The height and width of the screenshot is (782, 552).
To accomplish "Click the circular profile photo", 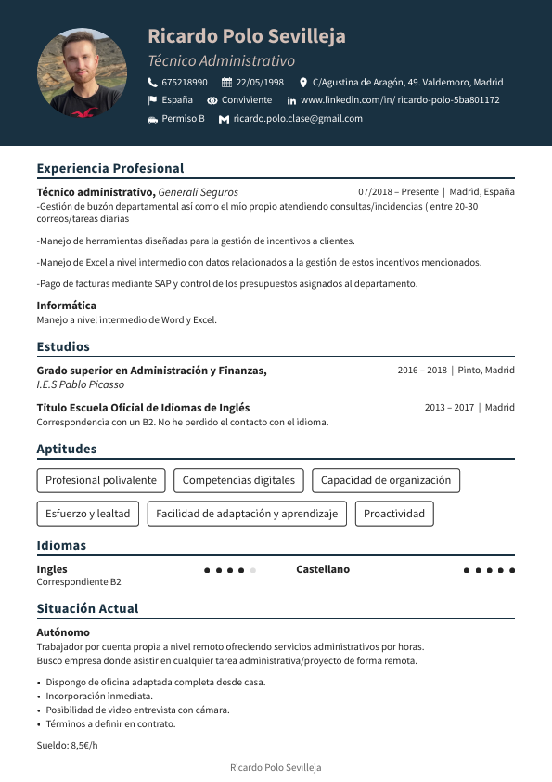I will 82,72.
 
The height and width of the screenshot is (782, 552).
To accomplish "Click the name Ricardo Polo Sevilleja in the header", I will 246,36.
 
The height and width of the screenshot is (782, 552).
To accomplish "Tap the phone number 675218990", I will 184,82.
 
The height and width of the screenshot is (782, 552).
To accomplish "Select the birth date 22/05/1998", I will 260,82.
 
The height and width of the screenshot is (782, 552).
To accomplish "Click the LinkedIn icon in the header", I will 291,100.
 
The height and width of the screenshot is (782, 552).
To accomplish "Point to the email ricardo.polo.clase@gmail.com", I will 298,119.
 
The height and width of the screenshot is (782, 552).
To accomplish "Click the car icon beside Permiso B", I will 152,119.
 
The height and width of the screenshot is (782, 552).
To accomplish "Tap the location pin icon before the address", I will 303,82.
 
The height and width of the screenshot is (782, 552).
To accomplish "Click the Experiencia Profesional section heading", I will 110,168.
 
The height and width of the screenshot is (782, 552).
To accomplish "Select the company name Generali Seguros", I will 198,192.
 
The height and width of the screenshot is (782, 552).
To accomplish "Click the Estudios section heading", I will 63,346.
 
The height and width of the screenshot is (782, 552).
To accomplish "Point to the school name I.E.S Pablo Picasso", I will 80,384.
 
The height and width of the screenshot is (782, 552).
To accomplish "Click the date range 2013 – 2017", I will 449,407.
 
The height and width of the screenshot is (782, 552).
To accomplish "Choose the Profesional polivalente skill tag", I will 101,480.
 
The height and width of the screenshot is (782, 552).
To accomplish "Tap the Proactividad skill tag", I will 394,514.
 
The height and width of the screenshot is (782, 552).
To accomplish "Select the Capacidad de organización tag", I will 385,480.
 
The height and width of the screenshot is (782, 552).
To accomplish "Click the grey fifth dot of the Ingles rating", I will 253,570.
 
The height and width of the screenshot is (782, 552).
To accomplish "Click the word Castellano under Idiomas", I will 323,569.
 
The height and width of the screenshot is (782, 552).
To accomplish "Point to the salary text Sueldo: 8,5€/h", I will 67,745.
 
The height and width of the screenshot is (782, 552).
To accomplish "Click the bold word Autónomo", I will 63,632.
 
